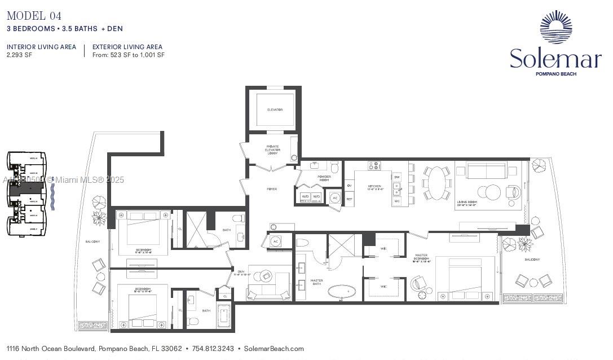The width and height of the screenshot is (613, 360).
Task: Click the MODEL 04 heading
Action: coord(34,16)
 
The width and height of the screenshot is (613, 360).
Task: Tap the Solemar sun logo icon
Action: coord(555,27)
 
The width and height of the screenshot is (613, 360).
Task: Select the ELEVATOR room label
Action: coord(275,109)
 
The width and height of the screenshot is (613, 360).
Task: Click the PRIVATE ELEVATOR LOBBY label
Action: coord(273,150)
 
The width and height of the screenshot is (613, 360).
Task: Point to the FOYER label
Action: coord(272,189)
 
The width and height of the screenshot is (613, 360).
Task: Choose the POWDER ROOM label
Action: coord(324,178)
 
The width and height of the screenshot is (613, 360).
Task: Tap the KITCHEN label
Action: coord(374,187)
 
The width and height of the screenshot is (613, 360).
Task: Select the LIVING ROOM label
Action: coord(468,201)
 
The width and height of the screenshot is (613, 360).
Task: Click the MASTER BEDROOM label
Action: coord(421,258)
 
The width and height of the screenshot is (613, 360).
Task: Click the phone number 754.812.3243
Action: coord(213,349)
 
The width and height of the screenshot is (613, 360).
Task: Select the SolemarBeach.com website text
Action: coord(274,349)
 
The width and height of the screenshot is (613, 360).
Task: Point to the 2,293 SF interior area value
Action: coord(18,55)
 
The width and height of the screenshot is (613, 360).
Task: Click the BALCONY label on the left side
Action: coord(92,242)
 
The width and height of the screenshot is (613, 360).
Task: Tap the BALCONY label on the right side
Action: coord(532,260)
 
